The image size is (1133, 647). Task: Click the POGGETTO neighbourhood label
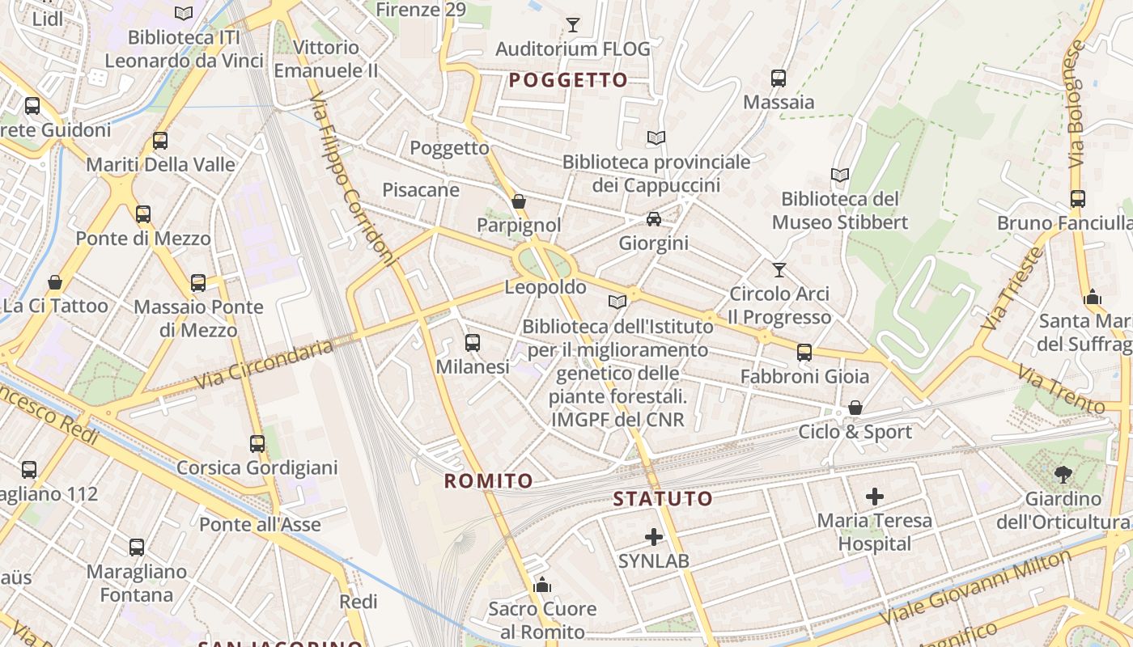568,79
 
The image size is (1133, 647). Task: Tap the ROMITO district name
489,481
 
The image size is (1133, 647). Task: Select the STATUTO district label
663,498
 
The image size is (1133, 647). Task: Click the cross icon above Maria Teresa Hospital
874,496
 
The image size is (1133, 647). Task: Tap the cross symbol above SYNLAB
654,536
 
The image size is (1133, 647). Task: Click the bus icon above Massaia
778,78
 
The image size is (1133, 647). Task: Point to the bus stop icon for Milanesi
473,343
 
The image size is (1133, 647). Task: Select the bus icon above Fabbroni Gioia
804,353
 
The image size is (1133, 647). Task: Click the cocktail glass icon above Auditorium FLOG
573,25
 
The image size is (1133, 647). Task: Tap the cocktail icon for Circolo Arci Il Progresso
779,270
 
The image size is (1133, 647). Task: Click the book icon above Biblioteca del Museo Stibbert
840,175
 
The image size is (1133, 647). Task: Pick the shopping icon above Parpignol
519,201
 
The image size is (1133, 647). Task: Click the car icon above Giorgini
653,219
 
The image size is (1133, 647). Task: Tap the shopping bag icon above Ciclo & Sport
855,408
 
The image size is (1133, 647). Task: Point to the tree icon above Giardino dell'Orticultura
1063,475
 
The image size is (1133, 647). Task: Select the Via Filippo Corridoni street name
354,189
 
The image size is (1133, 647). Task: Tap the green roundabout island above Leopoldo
543,262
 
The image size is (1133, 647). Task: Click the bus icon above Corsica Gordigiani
257,444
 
